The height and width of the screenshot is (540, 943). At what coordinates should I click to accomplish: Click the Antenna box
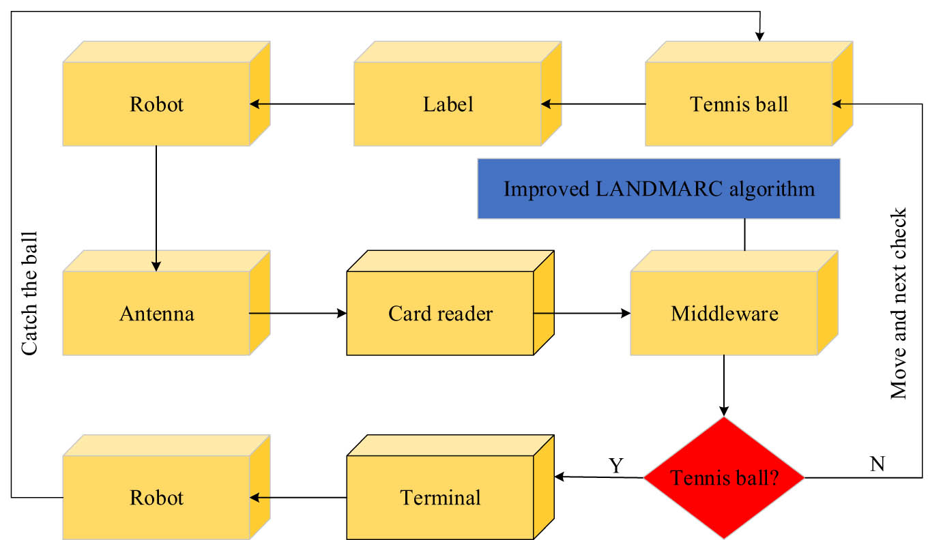pyautogui.click(x=157, y=314)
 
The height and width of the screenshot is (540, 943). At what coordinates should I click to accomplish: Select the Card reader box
pyautogui.click(x=441, y=314)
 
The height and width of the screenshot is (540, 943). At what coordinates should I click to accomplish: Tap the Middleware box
pyautogui.click(x=725, y=314)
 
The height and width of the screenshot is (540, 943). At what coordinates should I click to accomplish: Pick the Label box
pyautogui.click(x=448, y=104)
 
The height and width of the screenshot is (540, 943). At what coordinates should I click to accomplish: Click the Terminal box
pyautogui.click(x=441, y=498)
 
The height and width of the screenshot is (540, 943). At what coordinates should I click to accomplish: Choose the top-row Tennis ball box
pyautogui.click(x=739, y=104)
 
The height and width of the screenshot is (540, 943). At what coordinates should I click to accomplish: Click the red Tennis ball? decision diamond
pyautogui.click(x=725, y=478)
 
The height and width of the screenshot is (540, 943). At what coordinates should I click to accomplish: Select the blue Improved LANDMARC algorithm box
pyautogui.click(x=658, y=188)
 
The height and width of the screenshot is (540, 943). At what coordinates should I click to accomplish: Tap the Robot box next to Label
pyautogui.click(x=157, y=104)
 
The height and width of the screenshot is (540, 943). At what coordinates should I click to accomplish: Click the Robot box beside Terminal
pyautogui.click(x=157, y=498)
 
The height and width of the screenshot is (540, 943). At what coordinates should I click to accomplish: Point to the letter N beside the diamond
pyautogui.click(x=877, y=464)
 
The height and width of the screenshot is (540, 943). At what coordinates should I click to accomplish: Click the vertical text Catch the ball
pyautogui.click(x=29, y=292)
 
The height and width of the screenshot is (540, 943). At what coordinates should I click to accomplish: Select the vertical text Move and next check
pyautogui.click(x=899, y=303)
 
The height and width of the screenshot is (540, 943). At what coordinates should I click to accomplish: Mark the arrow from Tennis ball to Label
pyautogui.click(x=593, y=104)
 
